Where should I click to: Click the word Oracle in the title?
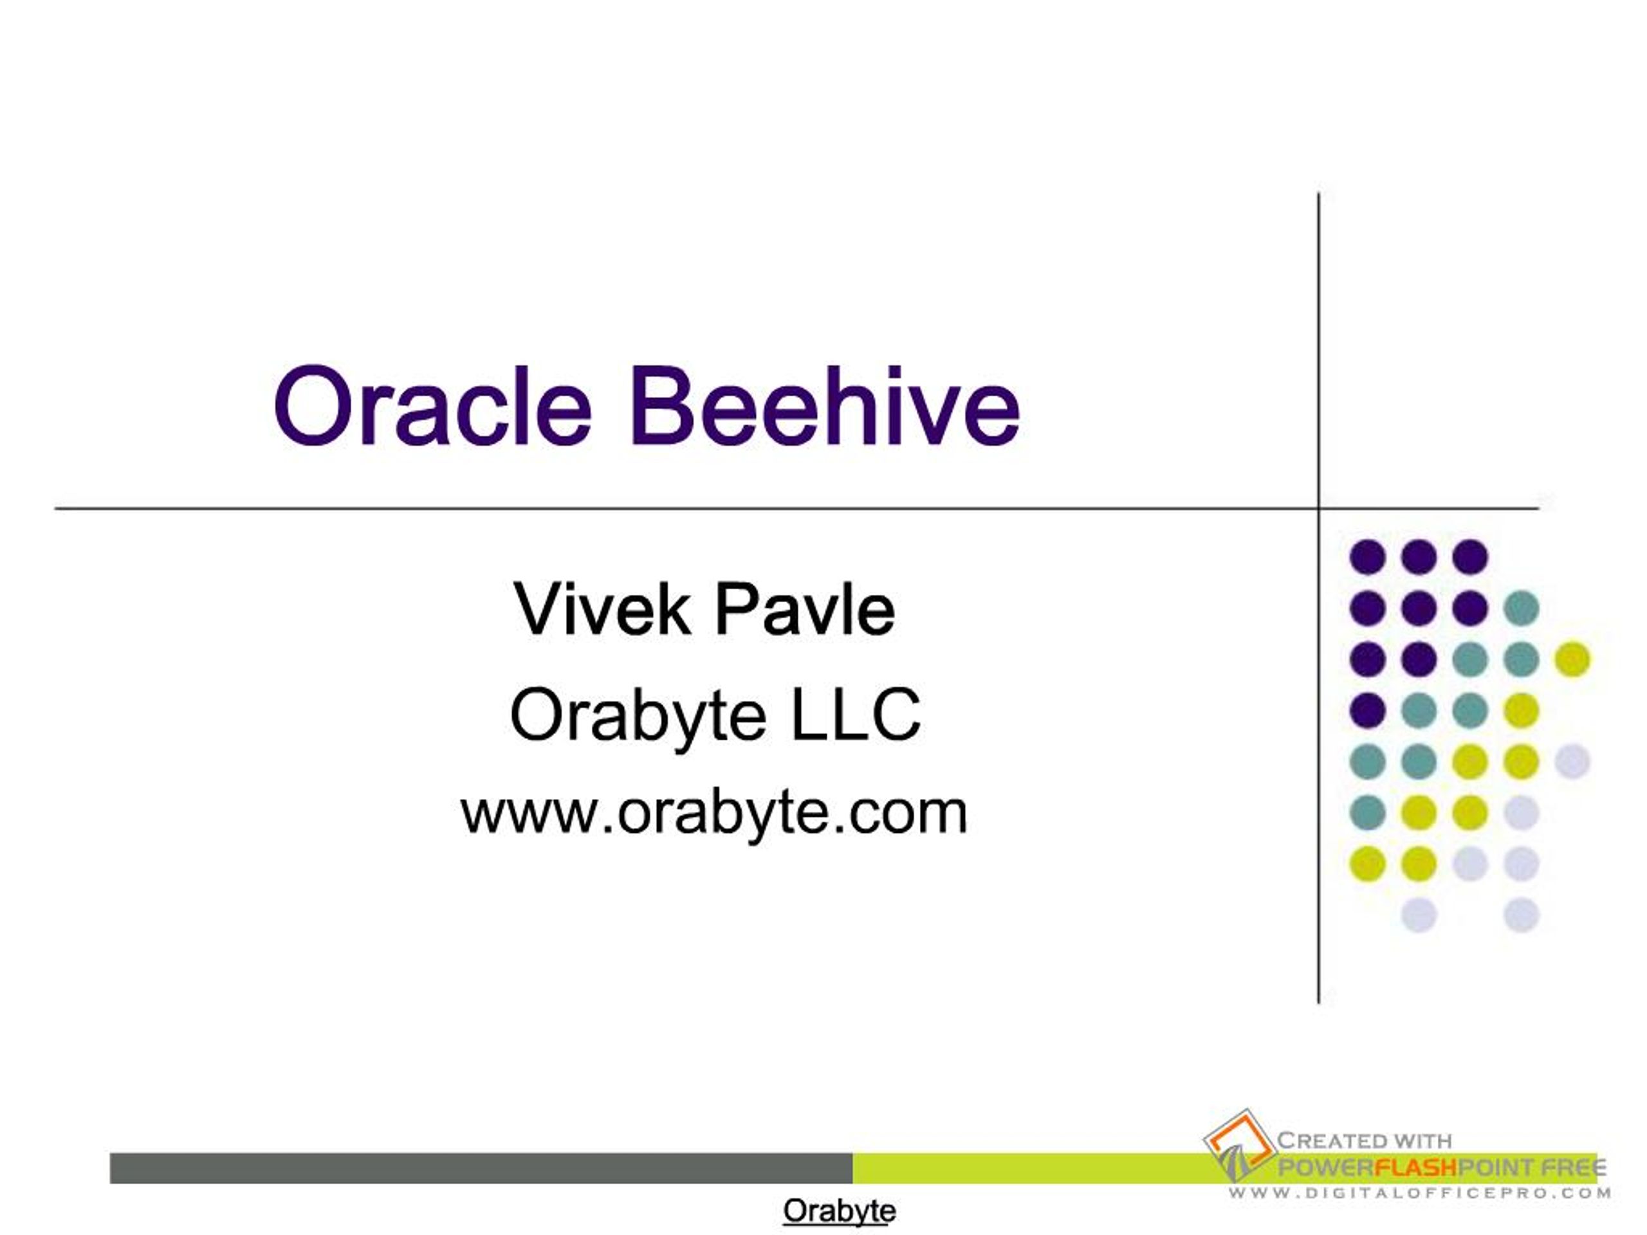[432, 407]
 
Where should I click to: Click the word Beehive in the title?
[825, 407]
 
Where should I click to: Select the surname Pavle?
[804, 609]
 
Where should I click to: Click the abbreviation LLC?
[856, 715]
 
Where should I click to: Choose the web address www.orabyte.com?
[714, 814]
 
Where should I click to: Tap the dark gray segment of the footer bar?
[481, 1168]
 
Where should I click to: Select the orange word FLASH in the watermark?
[1414, 1167]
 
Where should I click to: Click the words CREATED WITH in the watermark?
[1364, 1140]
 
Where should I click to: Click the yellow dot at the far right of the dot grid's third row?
[1572, 659]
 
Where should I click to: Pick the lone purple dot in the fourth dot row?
[1368, 710]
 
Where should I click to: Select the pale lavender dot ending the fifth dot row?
[1572, 762]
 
